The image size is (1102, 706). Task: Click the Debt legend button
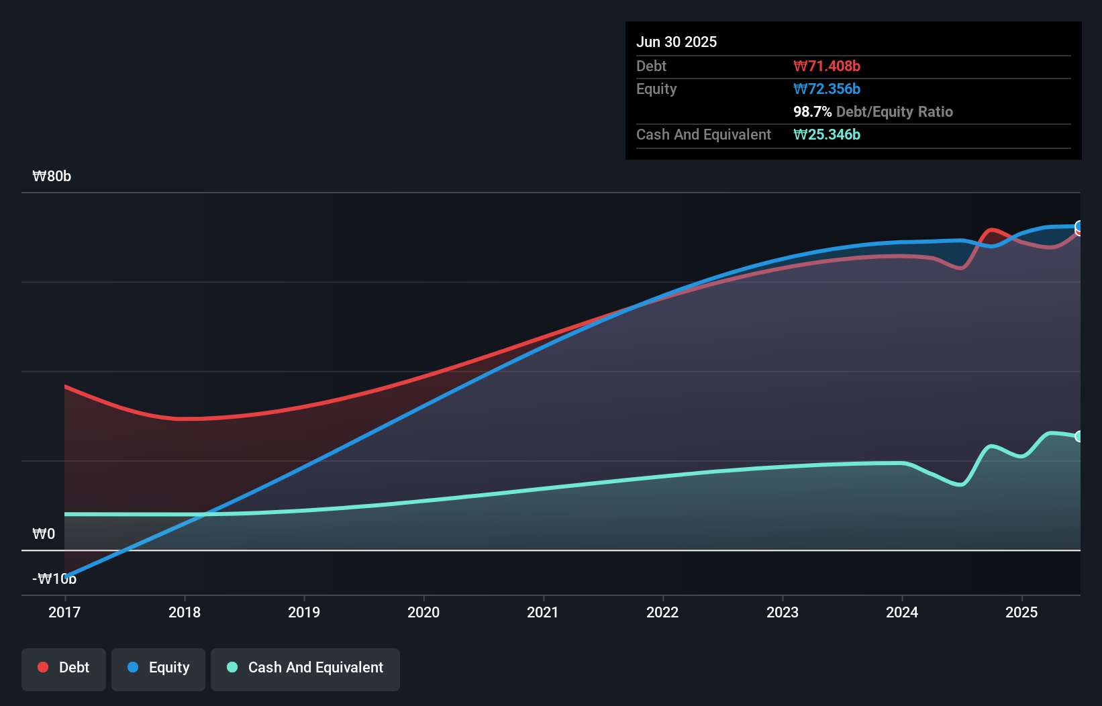(64, 668)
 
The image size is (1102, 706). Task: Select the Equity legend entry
(158, 668)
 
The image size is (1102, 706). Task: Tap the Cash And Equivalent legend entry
(305, 668)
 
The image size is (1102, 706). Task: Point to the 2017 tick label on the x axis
(64, 612)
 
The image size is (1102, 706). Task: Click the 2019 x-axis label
(304, 612)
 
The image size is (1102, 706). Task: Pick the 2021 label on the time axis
(543, 612)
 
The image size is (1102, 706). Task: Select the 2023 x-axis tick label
(783, 612)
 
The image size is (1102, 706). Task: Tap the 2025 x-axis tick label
(1021, 612)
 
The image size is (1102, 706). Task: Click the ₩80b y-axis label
(52, 176)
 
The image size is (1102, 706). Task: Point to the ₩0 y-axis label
(44, 534)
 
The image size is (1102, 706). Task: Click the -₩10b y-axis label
(54, 578)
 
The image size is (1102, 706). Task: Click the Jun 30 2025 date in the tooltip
(677, 42)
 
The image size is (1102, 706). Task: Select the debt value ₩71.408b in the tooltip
(827, 66)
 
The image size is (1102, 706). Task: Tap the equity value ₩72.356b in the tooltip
(827, 89)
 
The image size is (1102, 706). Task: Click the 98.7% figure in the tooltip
(812, 112)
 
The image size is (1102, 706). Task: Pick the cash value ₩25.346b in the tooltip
(827, 135)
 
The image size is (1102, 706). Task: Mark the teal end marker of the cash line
(1079, 436)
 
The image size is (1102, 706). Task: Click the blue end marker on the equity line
(1079, 225)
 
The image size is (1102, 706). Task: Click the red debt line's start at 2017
(65, 387)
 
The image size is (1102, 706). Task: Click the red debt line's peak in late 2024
(992, 231)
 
